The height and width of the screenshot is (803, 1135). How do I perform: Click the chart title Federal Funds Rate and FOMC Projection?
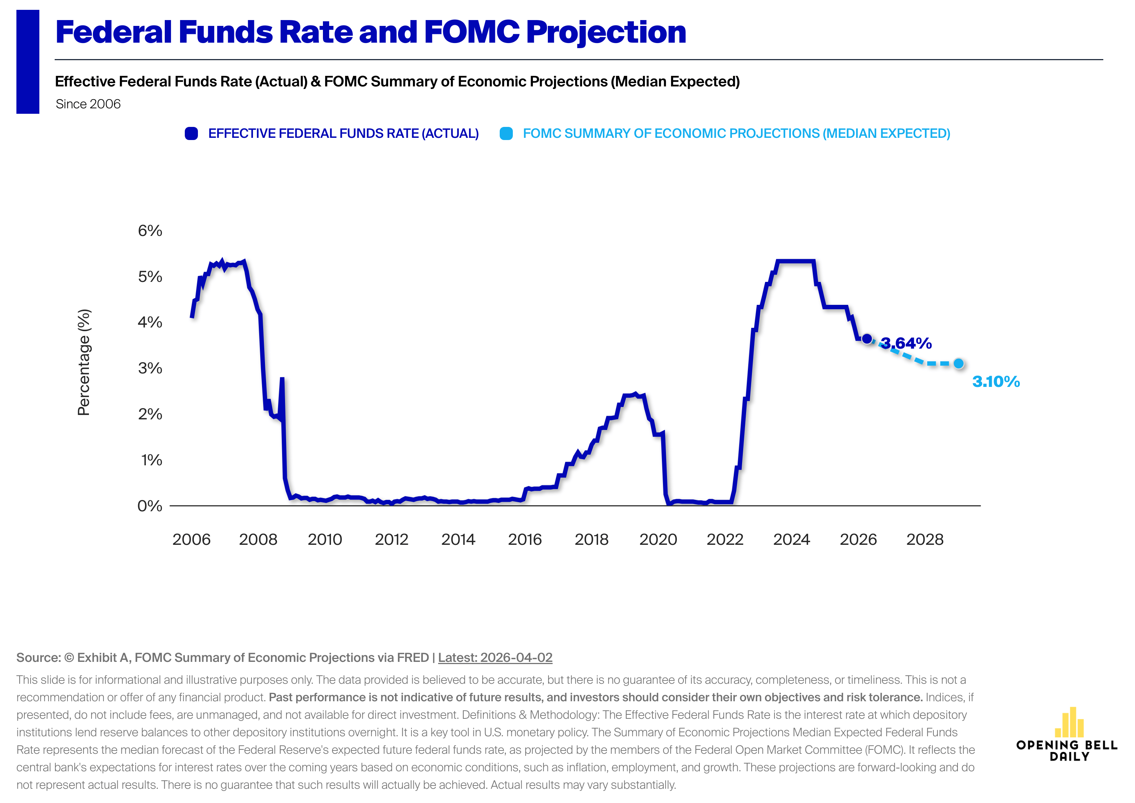(x=370, y=32)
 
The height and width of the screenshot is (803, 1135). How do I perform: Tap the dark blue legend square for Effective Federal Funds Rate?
(x=191, y=133)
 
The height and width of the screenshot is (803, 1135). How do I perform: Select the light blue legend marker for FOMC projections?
(x=506, y=133)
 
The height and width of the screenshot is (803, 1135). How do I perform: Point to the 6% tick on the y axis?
(x=150, y=230)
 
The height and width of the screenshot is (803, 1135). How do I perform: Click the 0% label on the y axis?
(x=149, y=506)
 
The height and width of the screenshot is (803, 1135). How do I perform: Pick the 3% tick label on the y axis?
(x=150, y=368)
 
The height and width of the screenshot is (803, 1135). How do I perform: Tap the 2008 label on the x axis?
(x=258, y=539)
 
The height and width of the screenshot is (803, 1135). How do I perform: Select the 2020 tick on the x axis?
(x=658, y=539)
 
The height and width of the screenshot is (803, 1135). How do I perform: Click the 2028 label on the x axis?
(x=924, y=539)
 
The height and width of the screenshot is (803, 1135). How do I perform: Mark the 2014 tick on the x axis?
(x=458, y=539)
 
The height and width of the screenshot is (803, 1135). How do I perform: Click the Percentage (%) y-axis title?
(x=84, y=362)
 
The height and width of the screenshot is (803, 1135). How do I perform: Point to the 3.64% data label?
(x=906, y=343)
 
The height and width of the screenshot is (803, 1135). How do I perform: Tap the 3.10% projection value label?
(x=996, y=382)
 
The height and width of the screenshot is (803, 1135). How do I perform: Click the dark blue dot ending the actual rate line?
(x=867, y=339)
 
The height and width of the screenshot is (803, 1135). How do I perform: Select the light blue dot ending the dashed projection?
(x=959, y=364)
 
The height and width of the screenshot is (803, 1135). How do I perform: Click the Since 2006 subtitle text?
(x=88, y=104)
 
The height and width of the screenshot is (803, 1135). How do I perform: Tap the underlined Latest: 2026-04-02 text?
(x=495, y=657)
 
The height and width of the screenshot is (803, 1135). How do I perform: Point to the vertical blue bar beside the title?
(x=28, y=62)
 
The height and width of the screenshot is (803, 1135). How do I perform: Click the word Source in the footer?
(x=38, y=657)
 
